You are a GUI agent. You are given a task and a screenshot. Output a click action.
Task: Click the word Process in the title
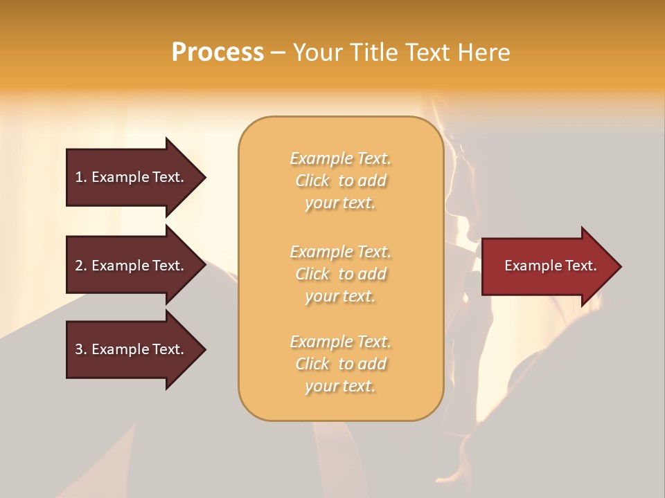tap(218, 52)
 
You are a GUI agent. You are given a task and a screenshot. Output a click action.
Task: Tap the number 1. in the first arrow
tap(81, 177)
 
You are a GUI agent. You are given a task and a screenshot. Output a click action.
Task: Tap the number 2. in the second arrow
tap(81, 266)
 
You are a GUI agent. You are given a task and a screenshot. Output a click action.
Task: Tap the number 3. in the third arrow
tap(81, 349)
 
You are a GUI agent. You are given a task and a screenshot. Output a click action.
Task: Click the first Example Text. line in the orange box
tap(340, 158)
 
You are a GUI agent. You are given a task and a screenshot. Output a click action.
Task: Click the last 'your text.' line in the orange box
tap(340, 386)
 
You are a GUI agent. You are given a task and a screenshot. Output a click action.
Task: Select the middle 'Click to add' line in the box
tap(340, 274)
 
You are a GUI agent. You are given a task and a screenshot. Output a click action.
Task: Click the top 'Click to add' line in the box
tap(340, 181)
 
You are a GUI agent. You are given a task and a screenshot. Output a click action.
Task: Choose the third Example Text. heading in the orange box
tap(340, 342)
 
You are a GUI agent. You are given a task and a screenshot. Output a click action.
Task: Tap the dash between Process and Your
tap(278, 53)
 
